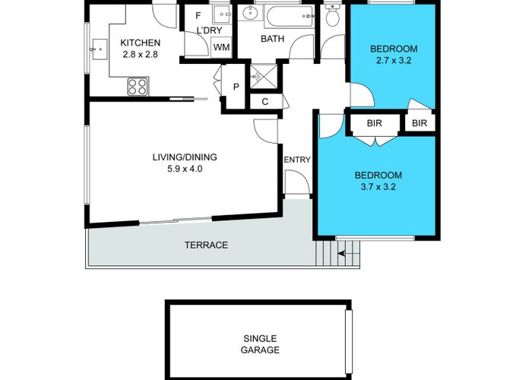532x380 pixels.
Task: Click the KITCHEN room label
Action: click(140, 43)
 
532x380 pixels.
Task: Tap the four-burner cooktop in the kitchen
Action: click(138, 87)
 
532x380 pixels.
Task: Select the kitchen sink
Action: click(99, 49)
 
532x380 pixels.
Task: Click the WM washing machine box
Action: click(222, 47)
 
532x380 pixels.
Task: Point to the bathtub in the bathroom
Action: click(290, 16)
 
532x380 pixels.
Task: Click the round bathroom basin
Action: click(250, 14)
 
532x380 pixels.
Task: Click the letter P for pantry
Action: click(236, 87)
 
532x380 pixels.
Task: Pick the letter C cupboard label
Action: click(265, 101)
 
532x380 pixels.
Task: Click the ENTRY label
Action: click(297, 160)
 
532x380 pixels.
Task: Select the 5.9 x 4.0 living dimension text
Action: click(185, 169)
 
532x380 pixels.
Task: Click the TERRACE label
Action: click(206, 245)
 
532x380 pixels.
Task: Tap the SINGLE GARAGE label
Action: click(260, 344)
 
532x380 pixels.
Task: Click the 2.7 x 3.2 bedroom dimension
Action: click(394, 60)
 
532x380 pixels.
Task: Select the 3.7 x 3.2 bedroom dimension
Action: click(378, 187)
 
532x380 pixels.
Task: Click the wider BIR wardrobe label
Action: click(374, 123)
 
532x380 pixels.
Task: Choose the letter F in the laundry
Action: click(198, 16)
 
